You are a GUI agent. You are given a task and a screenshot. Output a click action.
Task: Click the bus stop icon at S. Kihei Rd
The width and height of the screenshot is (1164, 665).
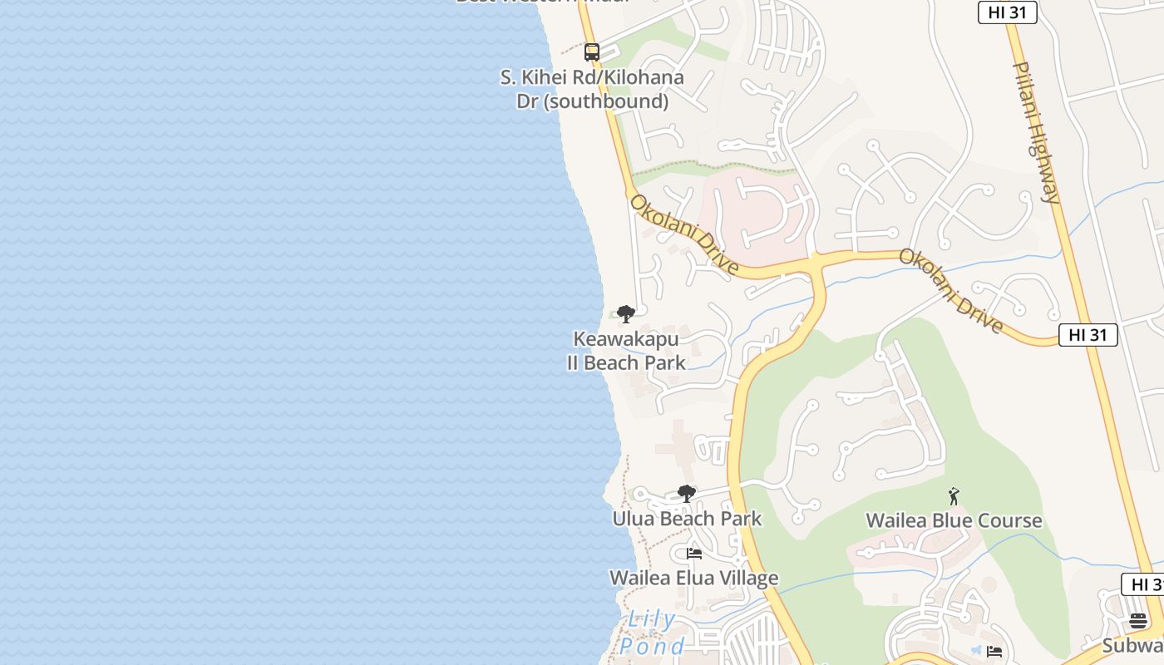pyautogui.click(x=591, y=52)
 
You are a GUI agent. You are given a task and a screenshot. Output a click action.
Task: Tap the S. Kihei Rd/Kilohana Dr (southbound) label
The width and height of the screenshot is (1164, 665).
pyautogui.click(x=591, y=89)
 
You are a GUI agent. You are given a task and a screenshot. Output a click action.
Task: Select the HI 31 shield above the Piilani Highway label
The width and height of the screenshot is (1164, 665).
pyautogui.click(x=1007, y=12)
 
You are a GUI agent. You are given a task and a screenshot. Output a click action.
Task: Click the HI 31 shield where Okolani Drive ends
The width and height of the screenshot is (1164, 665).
pyautogui.click(x=1088, y=335)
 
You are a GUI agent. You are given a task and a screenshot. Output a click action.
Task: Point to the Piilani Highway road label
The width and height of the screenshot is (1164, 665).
pyautogui.click(x=1037, y=131)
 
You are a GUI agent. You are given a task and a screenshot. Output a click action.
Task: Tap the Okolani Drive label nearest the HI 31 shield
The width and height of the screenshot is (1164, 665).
pyautogui.click(x=950, y=291)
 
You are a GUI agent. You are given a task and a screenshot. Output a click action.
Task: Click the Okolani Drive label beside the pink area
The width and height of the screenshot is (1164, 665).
pyautogui.click(x=683, y=234)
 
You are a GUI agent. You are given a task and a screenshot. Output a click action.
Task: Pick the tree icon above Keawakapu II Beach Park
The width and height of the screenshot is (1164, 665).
pyautogui.click(x=626, y=314)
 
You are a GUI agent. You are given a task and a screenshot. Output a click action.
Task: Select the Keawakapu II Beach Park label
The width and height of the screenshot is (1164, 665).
pyautogui.click(x=626, y=351)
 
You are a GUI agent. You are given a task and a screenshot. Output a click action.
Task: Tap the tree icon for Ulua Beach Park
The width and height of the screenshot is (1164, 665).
pyautogui.click(x=686, y=494)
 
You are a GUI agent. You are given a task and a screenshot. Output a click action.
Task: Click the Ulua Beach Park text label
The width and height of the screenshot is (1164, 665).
pyautogui.click(x=687, y=519)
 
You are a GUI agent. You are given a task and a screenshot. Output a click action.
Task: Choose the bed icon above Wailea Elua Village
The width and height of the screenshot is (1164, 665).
pyautogui.click(x=694, y=554)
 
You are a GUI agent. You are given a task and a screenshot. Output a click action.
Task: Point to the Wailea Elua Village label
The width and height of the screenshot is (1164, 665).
pyautogui.click(x=693, y=578)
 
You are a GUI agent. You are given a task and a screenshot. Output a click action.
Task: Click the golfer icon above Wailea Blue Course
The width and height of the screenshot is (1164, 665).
pyautogui.click(x=954, y=496)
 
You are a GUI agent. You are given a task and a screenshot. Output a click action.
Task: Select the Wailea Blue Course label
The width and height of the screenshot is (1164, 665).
pyautogui.click(x=954, y=520)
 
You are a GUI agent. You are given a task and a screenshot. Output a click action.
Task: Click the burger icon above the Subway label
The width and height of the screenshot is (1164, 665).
pyautogui.click(x=1138, y=620)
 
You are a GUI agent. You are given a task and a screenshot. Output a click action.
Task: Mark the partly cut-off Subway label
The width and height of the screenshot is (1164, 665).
pyautogui.click(x=1132, y=646)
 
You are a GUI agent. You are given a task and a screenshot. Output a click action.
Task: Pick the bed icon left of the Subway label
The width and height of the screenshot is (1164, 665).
pyautogui.click(x=994, y=652)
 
